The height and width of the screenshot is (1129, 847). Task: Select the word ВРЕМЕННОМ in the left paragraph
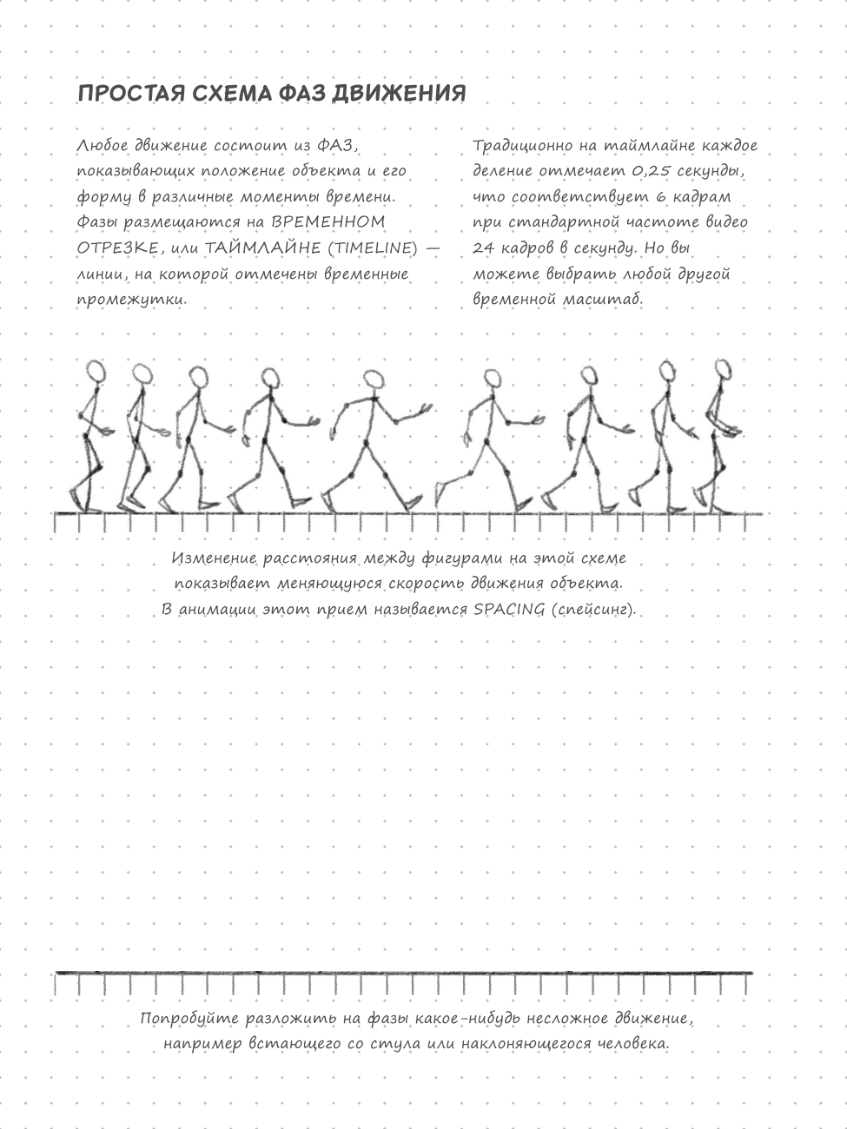click(328, 222)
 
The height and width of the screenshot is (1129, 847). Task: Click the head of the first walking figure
click(97, 370)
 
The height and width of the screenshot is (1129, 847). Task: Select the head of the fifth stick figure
click(374, 380)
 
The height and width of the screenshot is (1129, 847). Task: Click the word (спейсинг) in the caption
click(593, 609)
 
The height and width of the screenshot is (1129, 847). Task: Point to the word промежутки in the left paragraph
click(130, 300)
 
